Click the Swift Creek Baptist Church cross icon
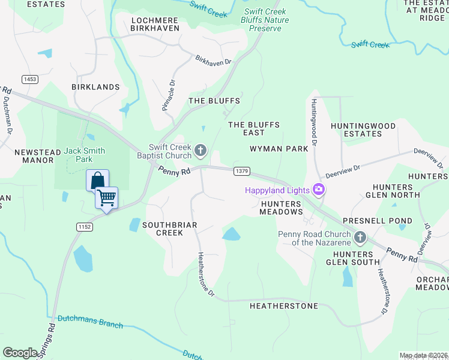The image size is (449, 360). pyautogui.click(x=200, y=149)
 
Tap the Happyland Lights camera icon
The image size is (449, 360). pyautogui.click(x=319, y=190)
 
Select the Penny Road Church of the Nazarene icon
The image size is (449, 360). pyautogui.click(x=360, y=238)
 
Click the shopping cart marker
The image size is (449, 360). pyautogui.click(x=107, y=197)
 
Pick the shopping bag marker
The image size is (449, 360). pyautogui.click(x=97, y=179)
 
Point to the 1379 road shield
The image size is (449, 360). pyautogui.click(x=242, y=171)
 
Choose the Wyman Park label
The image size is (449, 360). pyautogui.click(x=279, y=148)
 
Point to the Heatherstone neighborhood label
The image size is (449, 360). pyautogui.click(x=284, y=306)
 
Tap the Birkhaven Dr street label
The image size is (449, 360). pyautogui.click(x=213, y=60)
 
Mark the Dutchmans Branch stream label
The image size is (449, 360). pyautogui.click(x=90, y=322)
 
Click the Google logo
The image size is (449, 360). pyautogui.click(x=20, y=353)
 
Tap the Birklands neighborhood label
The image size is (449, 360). pyautogui.click(x=95, y=87)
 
